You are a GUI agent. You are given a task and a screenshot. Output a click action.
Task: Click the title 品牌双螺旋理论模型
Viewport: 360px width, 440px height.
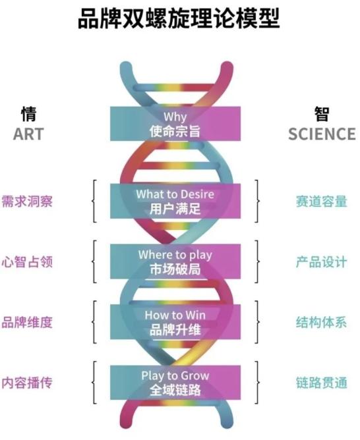(x=179, y=18)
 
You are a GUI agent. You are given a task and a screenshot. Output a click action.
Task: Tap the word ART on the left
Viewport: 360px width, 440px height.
(x=28, y=134)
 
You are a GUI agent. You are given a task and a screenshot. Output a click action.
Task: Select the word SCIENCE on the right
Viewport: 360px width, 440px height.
(x=322, y=134)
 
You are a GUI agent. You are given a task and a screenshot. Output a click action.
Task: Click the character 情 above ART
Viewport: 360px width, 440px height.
(x=28, y=114)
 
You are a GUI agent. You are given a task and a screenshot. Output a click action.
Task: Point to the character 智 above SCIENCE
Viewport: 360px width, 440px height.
(x=322, y=114)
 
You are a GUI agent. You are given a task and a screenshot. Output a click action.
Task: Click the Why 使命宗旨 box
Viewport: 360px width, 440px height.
(x=175, y=124)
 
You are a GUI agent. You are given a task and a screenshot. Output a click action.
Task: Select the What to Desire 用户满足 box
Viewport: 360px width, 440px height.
(x=175, y=201)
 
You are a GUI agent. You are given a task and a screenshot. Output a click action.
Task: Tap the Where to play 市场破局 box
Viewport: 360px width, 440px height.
(x=175, y=261)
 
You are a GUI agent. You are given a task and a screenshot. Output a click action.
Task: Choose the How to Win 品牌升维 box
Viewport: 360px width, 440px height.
(x=175, y=322)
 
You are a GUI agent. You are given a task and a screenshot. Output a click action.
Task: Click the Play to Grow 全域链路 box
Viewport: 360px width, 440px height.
(x=175, y=383)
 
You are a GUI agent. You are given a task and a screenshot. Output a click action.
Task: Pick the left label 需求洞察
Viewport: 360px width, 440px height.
(x=27, y=202)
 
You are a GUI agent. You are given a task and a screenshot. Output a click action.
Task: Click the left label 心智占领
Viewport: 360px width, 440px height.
(x=27, y=262)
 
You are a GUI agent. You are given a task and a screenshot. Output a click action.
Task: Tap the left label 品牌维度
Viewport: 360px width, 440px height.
(x=27, y=322)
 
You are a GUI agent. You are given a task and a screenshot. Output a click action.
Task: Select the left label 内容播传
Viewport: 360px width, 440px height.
(x=27, y=383)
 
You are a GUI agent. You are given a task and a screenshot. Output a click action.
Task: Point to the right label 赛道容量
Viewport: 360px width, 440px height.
(x=322, y=202)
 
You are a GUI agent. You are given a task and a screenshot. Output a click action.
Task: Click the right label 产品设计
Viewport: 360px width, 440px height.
(x=322, y=262)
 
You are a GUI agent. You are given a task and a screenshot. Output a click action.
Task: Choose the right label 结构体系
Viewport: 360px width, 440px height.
(x=322, y=322)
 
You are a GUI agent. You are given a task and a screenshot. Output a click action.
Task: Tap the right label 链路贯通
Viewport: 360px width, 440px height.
(x=322, y=383)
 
